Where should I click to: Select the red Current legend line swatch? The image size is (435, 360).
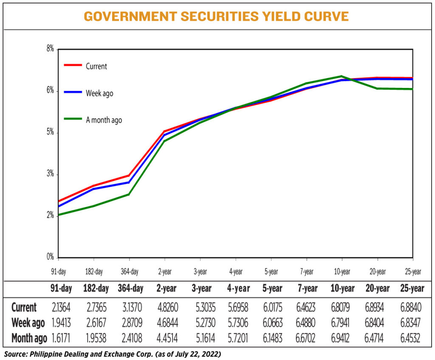pyautogui.click(x=73, y=65)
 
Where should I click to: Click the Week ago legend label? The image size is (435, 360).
pyautogui.click(x=99, y=93)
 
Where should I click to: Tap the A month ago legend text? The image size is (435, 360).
pyautogui.click(x=104, y=120)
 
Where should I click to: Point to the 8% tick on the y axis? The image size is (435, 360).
pyautogui.click(x=51, y=49)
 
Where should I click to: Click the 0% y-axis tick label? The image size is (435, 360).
pyautogui.click(x=51, y=257)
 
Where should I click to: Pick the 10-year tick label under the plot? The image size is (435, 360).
pyautogui.click(x=342, y=271)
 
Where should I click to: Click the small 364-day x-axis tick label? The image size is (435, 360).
pyautogui.click(x=129, y=271)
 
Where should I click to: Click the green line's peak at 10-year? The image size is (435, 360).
pyautogui.click(x=342, y=76)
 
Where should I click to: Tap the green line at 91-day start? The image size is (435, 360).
pyautogui.click(x=59, y=214)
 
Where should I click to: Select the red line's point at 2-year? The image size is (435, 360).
pyautogui.click(x=164, y=131)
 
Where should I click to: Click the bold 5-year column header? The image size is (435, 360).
pyautogui.click(x=271, y=289)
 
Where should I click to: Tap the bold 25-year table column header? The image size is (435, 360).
pyautogui.click(x=412, y=289)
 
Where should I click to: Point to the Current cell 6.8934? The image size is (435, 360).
pyautogui.click(x=377, y=307)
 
